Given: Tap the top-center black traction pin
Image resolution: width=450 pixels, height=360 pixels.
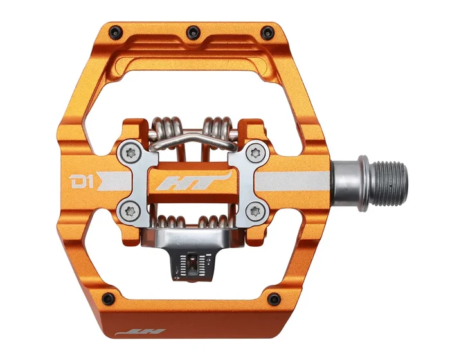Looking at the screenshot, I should [192, 28].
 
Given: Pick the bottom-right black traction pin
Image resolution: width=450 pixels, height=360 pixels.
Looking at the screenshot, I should [273, 297].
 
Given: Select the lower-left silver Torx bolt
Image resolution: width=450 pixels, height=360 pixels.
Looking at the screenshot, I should [129, 208].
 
